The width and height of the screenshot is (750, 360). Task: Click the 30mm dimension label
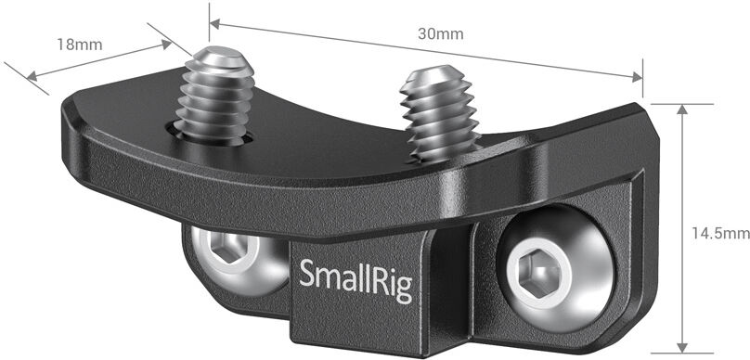(x=441, y=34)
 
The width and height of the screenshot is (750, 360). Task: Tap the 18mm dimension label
(x=80, y=45)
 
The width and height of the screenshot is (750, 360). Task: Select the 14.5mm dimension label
(x=721, y=233)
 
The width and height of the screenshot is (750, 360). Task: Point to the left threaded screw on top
(x=214, y=96)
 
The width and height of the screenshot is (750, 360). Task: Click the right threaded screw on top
(x=440, y=113)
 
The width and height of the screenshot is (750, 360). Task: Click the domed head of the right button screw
(x=556, y=269)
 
